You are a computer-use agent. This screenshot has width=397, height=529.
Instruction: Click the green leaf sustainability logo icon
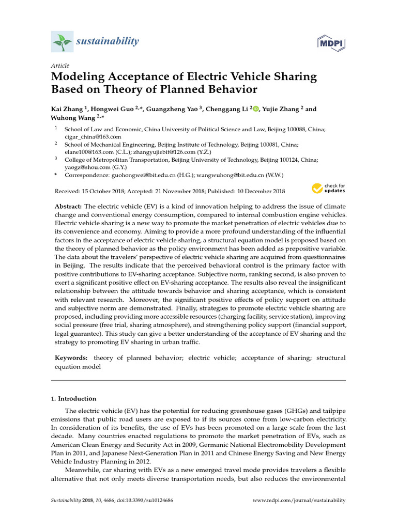point(62,41)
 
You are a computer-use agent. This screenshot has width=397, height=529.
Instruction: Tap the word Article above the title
point(60,66)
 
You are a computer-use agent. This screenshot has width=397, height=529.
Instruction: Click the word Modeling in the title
point(78,77)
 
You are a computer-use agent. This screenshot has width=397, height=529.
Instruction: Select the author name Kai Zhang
point(67,110)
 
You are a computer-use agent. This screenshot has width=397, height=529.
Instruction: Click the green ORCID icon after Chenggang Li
point(256,110)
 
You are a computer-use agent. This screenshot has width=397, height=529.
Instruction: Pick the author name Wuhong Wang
point(72,118)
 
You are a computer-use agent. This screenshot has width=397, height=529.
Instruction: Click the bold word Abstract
point(68,206)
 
